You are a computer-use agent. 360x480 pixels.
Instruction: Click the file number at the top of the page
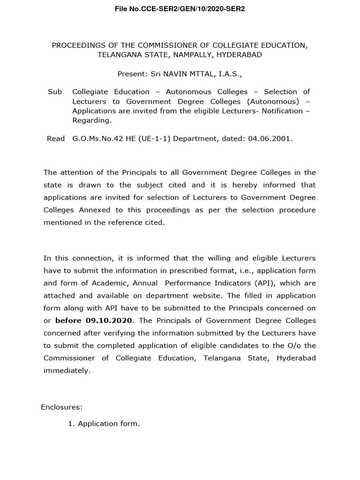coord(180,9)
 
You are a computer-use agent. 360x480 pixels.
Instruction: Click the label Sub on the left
coord(55,91)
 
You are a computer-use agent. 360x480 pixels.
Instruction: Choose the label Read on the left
coord(56,139)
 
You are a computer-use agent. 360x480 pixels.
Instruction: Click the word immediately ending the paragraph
coord(66,370)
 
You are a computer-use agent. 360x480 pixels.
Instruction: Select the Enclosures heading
coord(61,407)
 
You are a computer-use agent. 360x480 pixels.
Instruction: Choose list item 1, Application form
coord(104,424)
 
